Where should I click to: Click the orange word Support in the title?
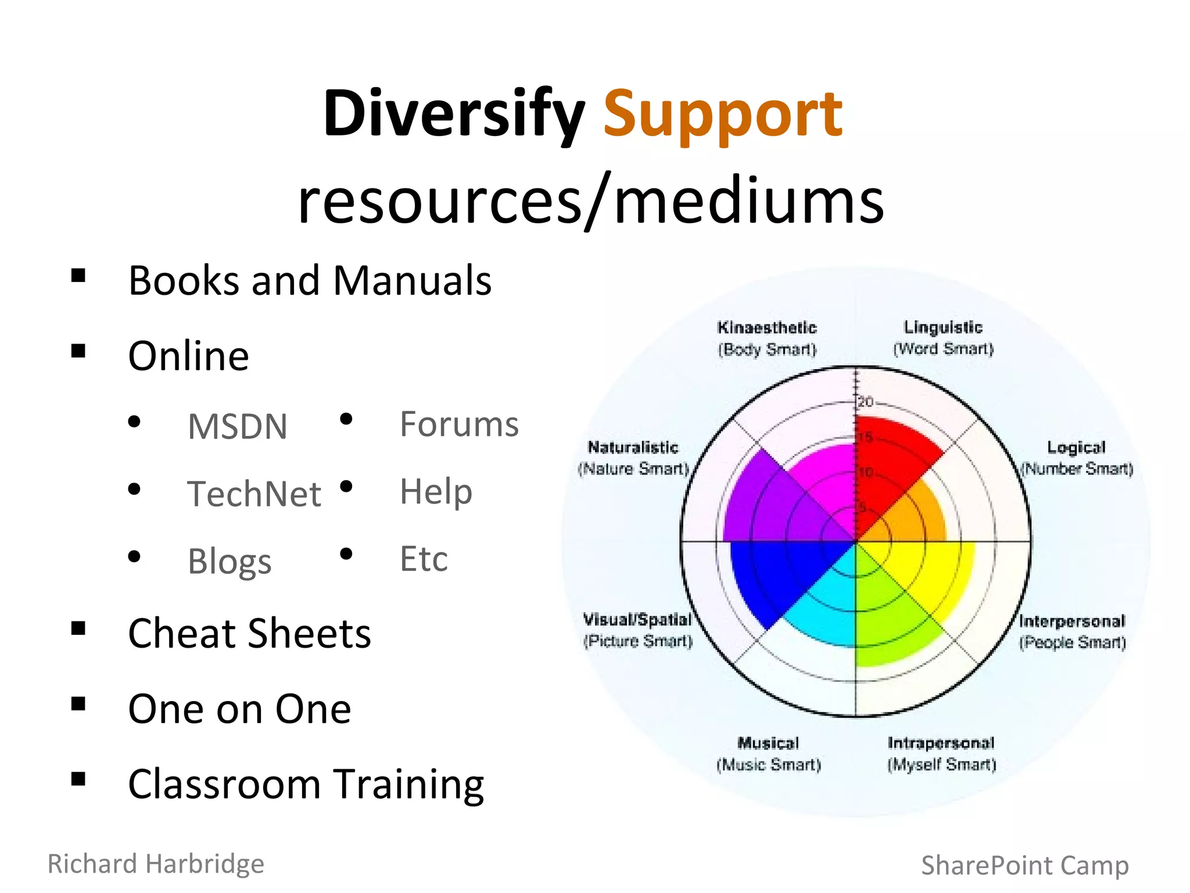722,114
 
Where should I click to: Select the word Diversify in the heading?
454,114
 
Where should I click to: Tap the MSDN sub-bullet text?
237,426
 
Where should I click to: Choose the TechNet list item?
254,494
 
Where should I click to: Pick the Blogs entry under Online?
230,561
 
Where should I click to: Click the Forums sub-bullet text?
459,424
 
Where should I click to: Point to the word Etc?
424,559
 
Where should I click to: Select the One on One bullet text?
239,709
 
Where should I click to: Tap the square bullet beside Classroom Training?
78,779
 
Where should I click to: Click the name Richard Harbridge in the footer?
156,863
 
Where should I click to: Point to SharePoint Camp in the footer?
1025,865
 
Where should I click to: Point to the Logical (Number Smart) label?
1077,458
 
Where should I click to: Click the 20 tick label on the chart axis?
866,401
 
